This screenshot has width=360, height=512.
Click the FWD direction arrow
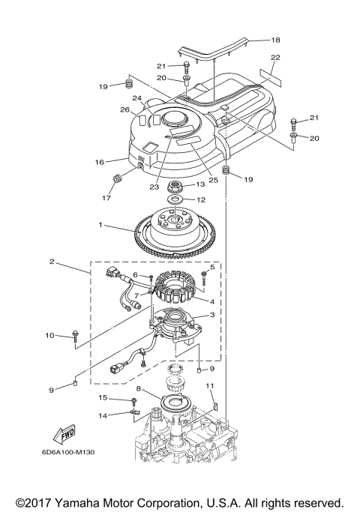[x=64, y=434]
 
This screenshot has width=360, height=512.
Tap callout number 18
[x=276, y=40]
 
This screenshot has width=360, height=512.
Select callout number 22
[x=275, y=57]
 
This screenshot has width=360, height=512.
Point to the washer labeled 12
[x=175, y=199]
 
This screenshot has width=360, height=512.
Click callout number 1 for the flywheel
[x=100, y=225]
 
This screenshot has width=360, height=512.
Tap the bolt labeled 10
[x=76, y=336]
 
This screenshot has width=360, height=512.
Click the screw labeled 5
[x=204, y=276]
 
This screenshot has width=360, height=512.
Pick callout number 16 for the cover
[x=99, y=162]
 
